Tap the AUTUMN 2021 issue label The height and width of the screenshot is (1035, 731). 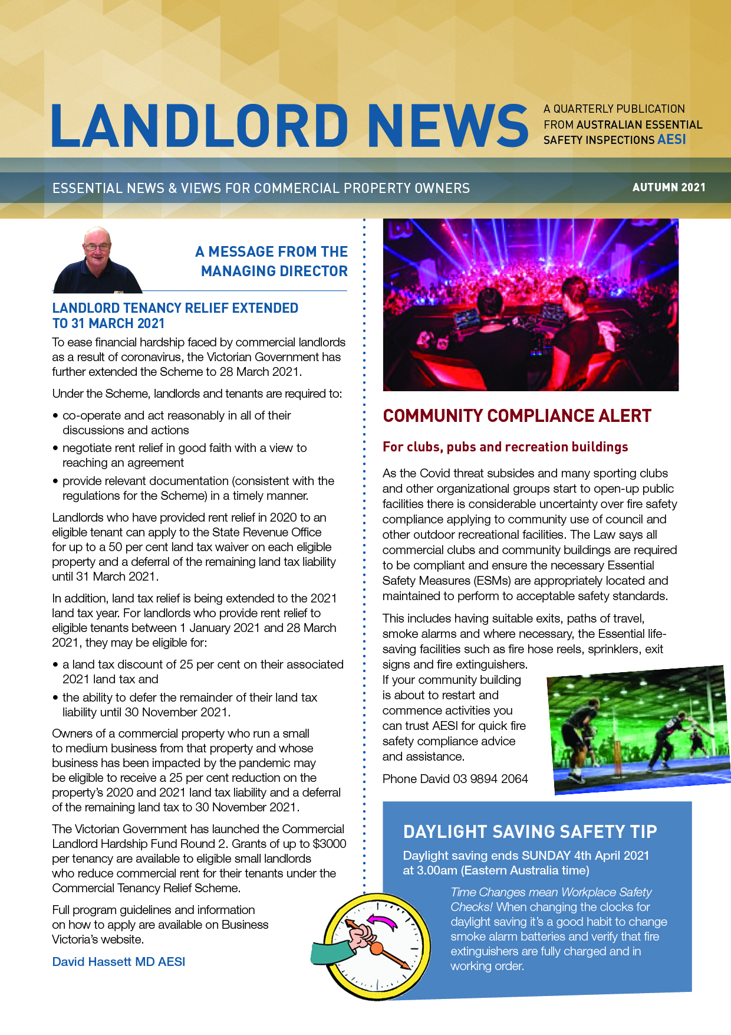coord(669,188)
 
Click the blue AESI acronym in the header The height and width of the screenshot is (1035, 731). coord(672,140)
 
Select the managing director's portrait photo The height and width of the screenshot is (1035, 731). coord(97,260)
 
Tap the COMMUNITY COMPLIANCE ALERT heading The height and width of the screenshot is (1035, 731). coord(516,416)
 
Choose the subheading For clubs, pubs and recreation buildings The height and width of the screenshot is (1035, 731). coord(505,447)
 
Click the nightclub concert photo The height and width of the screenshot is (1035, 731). coord(531,304)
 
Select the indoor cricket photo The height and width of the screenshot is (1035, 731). coord(638,729)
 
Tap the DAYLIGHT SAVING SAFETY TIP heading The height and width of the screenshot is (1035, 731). coord(529,832)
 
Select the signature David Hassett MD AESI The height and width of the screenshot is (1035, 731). coord(118,962)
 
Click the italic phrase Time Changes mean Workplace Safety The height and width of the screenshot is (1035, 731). coord(551,892)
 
